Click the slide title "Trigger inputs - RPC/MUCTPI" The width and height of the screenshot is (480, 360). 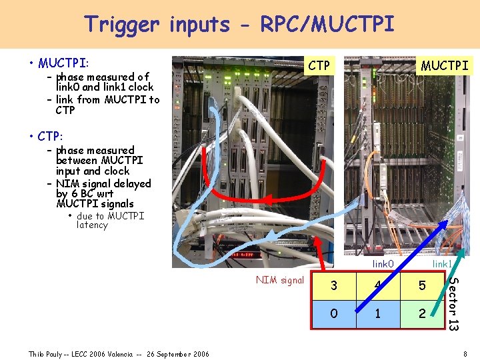239,24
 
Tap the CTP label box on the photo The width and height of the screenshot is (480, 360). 319,65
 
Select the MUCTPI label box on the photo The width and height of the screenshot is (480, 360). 444,65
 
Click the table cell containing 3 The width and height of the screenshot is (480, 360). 334,286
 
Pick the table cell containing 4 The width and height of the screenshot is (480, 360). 377,286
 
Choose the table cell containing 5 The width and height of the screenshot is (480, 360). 421,286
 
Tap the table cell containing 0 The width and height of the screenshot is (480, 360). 334,313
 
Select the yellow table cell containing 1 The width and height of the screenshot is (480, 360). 377,313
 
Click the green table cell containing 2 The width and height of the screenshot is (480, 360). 421,313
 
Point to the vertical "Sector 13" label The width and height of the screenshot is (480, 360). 453,303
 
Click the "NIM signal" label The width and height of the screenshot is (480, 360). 280,280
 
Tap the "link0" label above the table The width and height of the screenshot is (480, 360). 383,265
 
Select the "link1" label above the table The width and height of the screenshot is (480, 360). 442,265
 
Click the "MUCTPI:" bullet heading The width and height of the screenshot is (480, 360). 63,63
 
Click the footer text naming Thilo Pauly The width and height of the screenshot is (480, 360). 118,353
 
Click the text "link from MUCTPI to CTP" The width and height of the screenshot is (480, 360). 107,105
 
